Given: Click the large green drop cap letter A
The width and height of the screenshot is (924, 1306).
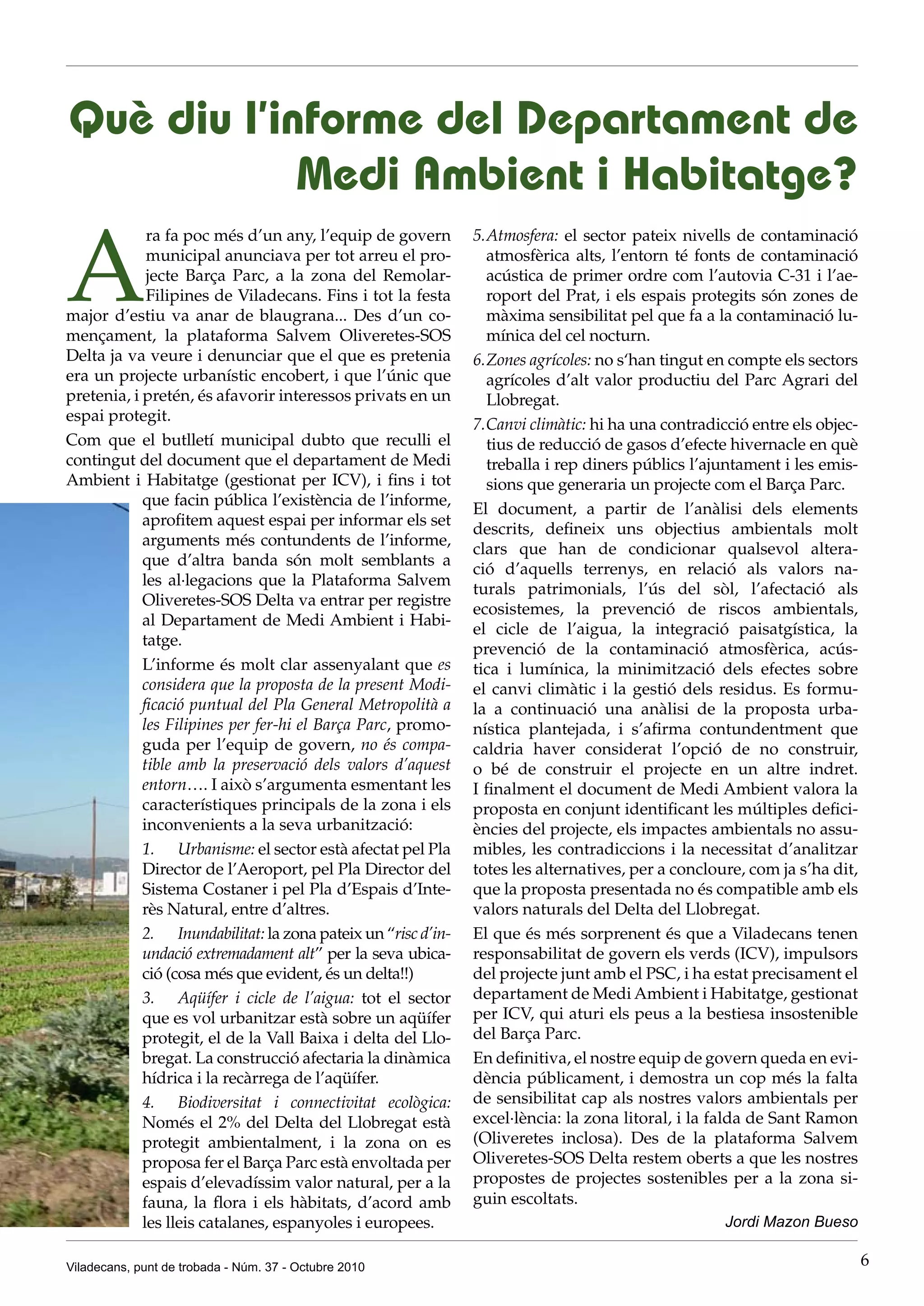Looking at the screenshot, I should (x=103, y=266).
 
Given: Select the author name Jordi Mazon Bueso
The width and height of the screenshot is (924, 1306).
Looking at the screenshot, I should (x=791, y=1221).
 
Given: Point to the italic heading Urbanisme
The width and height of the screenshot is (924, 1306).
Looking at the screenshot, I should (x=216, y=849).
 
